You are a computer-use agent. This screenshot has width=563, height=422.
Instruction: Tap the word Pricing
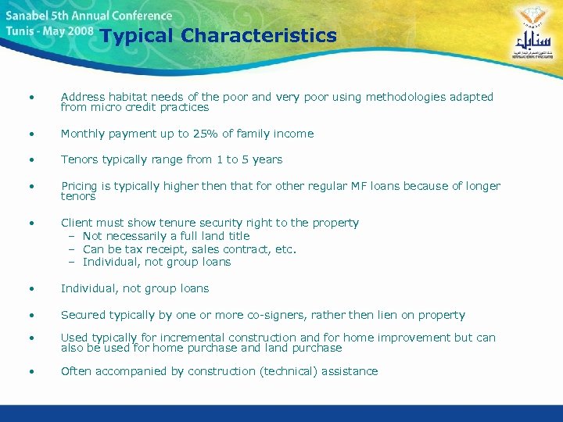(x=80, y=186)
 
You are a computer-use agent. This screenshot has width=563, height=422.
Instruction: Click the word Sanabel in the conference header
(x=28, y=15)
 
